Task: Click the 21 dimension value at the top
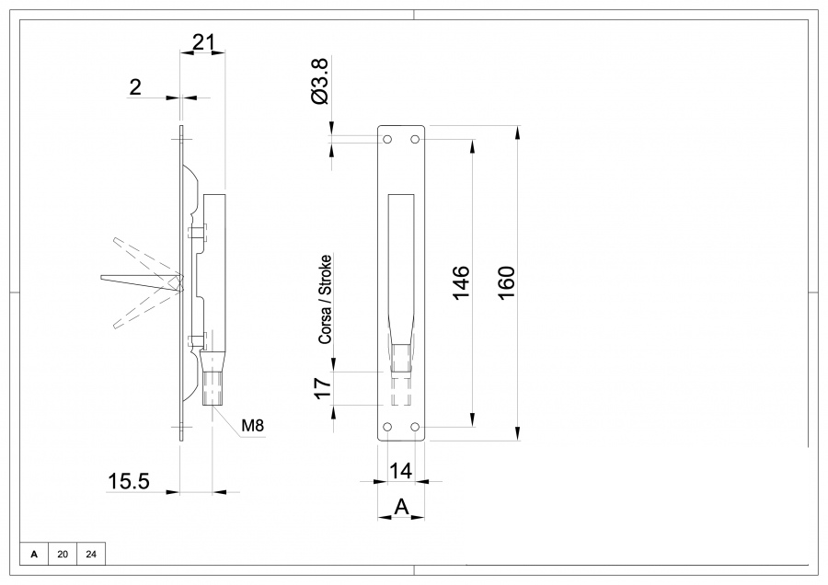[x=203, y=40]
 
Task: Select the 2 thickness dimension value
[x=135, y=87]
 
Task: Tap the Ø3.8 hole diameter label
[x=319, y=81]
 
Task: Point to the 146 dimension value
[x=462, y=282]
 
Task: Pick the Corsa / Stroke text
[x=326, y=299]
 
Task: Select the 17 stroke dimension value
[x=322, y=387]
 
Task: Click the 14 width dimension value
[x=400, y=470]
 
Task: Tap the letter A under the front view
[x=400, y=506]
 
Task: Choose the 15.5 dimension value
[x=129, y=480]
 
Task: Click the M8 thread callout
[x=253, y=426]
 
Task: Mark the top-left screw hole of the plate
[x=387, y=139]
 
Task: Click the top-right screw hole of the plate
[x=415, y=139]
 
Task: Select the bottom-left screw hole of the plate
[x=387, y=427]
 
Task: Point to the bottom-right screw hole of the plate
[x=415, y=427]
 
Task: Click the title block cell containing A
[x=34, y=554]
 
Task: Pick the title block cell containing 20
[x=63, y=554]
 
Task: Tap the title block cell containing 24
[x=91, y=554]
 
